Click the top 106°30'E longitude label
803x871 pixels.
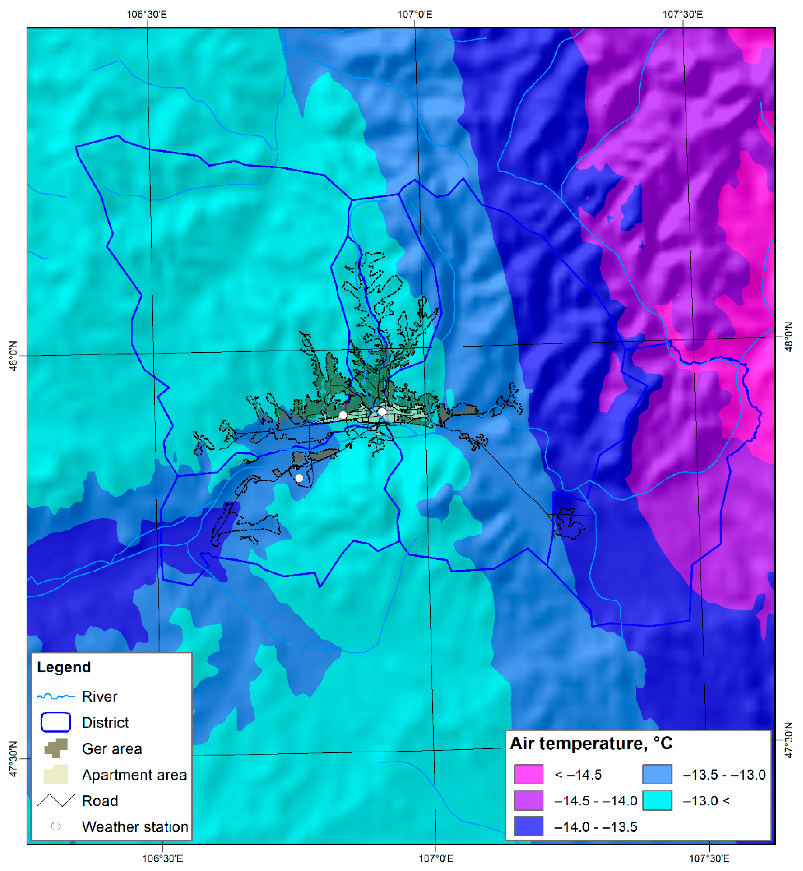point(146,14)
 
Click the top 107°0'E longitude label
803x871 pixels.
point(415,14)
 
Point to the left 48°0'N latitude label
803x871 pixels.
point(13,356)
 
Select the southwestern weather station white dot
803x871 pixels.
point(299,478)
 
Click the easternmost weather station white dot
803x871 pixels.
point(382,411)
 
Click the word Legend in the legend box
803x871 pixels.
point(64,667)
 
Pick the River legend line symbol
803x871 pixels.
point(56,696)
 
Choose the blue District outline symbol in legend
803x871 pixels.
point(56,722)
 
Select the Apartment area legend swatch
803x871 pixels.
point(56,774)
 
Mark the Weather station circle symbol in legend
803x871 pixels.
point(56,826)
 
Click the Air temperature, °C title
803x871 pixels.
point(591,743)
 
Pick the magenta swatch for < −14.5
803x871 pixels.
point(528,774)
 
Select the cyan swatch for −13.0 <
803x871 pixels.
point(657,800)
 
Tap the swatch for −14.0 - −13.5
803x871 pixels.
point(528,826)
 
